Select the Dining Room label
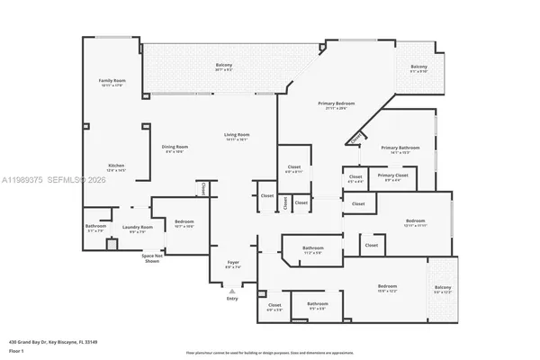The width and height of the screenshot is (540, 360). pyautogui.click(x=175, y=148)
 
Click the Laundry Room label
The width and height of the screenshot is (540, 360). pyautogui.click(x=141, y=229)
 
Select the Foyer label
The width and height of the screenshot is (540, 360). pyautogui.click(x=232, y=265)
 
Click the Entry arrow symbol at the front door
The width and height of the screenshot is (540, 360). pyautogui.click(x=232, y=291)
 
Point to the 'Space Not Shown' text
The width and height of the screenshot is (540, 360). pyautogui.click(x=150, y=258)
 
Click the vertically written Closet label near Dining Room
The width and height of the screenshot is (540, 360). pyautogui.click(x=203, y=189)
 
